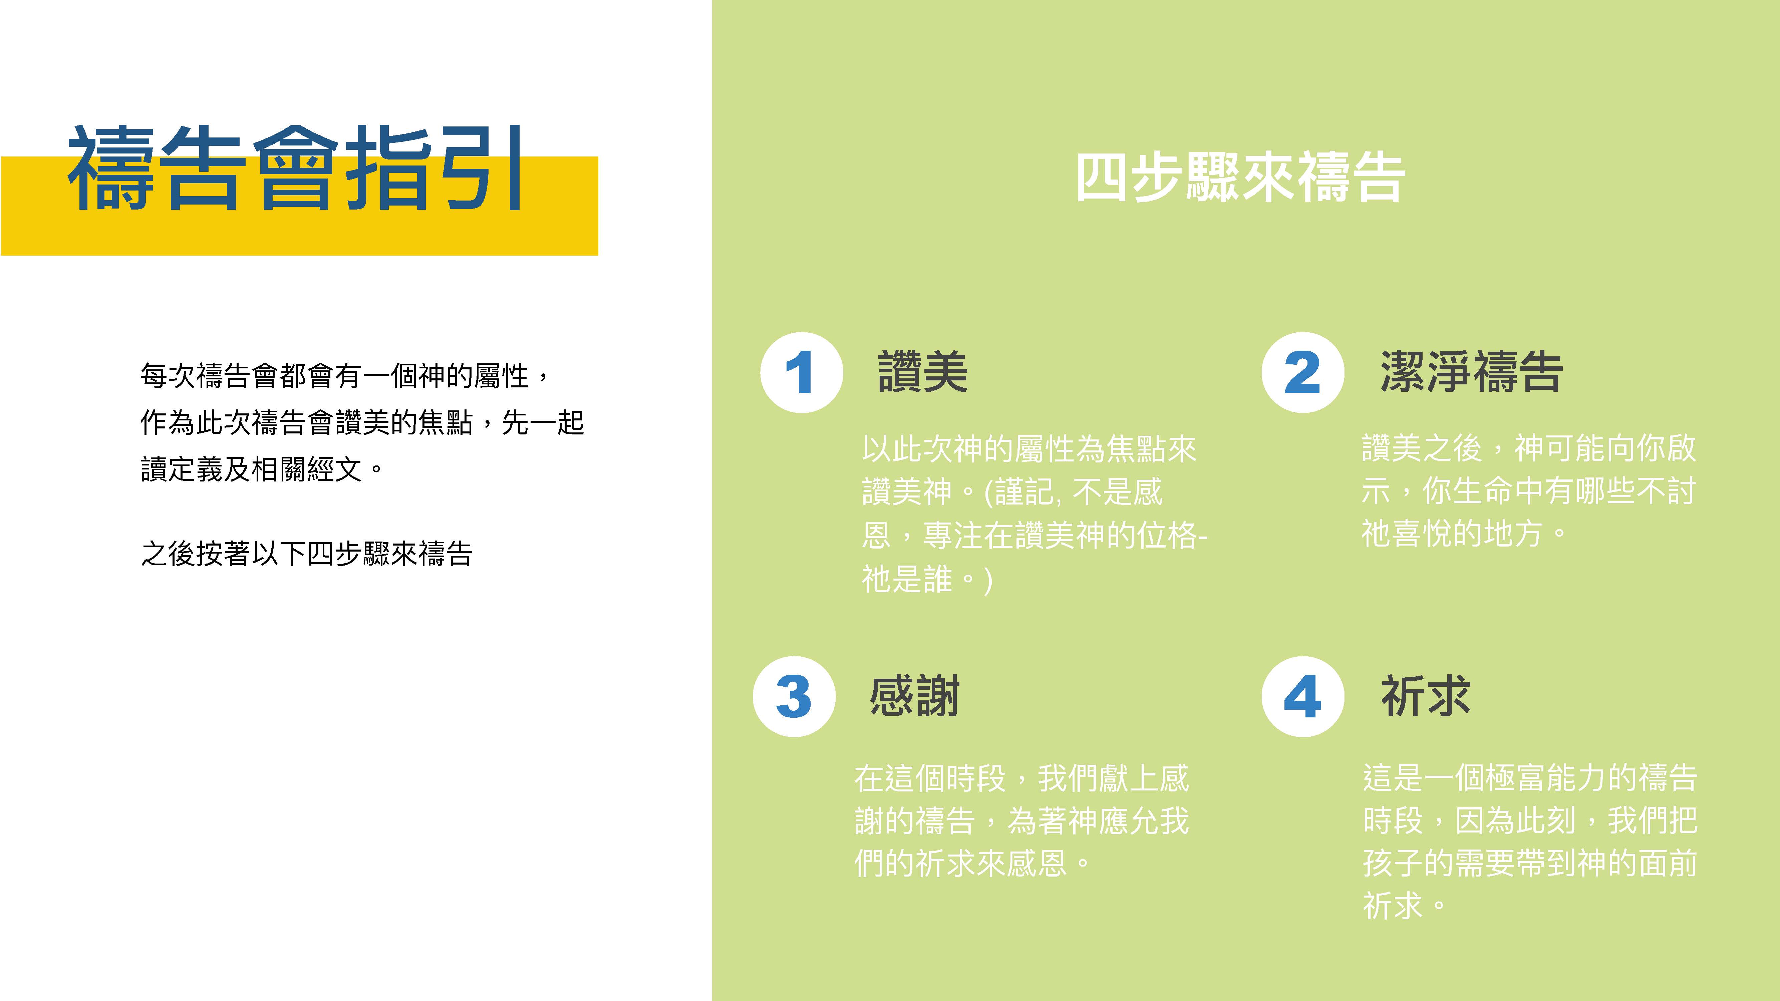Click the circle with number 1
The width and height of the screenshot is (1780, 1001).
pos(802,372)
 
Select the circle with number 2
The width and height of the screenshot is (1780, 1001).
pos(1302,372)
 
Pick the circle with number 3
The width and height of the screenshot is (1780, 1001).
pos(794,696)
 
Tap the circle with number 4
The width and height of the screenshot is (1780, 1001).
pos(1302,696)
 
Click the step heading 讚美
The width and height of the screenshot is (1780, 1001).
pos(922,372)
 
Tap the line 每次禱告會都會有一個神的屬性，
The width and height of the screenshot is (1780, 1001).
pos(345,376)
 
